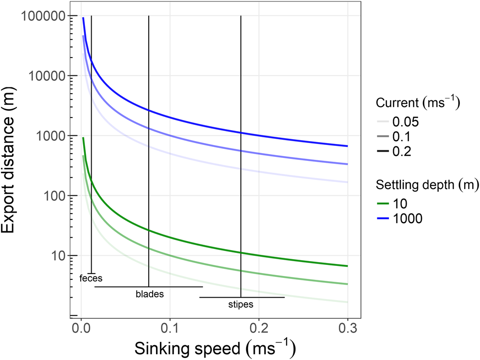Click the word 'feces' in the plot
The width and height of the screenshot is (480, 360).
click(91, 277)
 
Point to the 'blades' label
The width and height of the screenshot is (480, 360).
click(149, 294)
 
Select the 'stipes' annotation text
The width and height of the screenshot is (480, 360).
click(241, 304)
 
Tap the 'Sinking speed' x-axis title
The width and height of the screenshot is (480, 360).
click(214, 347)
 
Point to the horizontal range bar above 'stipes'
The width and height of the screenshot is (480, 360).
click(242, 297)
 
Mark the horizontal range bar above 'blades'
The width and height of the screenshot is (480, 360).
click(149, 287)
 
